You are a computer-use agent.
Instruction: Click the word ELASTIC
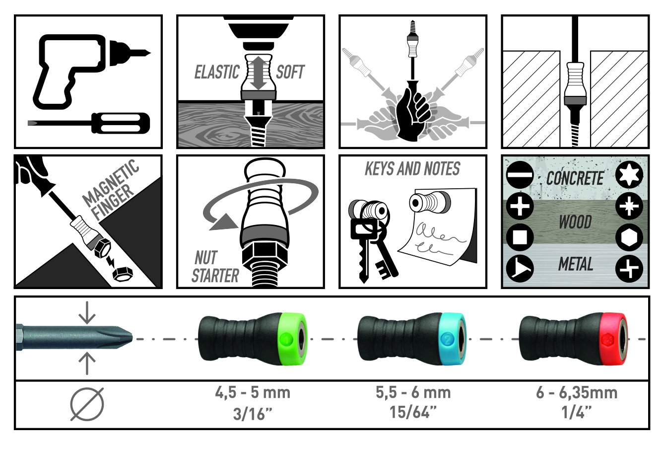click(x=217, y=73)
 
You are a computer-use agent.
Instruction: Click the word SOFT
click(x=290, y=73)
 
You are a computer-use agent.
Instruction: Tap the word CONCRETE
click(x=575, y=178)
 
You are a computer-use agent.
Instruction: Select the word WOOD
click(x=575, y=222)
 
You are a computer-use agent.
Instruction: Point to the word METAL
click(x=576, y=264)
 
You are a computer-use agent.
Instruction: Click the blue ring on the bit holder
click(x=453, y=339)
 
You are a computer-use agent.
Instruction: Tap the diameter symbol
click(x=87, y=404)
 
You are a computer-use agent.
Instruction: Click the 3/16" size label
click(x=253, y=414)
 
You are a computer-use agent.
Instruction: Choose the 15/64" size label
click(x=413, y=412)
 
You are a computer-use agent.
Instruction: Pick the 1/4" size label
click(x=576, y=412)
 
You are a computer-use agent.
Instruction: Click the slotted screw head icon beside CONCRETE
click(x=520, y=175)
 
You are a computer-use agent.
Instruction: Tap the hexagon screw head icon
click(x=629, y=238)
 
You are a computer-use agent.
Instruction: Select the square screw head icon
click(x=520, y=237)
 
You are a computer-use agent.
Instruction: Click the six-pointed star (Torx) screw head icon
click(x=629, y=175)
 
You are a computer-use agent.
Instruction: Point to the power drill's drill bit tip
click(x=149, y=53)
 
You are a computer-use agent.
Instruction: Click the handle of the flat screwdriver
click(x=121, y=123)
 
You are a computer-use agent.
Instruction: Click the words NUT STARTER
click(x=215, y=267)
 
